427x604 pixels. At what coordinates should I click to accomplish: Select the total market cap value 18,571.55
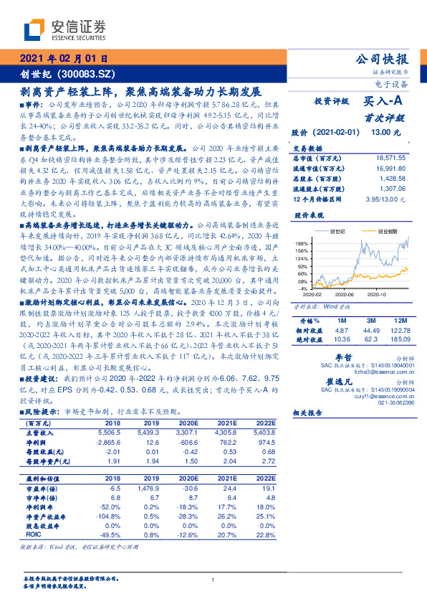(390, 157)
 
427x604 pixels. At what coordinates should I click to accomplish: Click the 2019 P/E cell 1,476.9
(145, 488)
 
